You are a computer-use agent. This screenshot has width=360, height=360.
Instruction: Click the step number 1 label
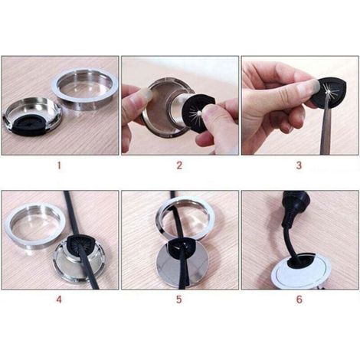[x=59, y=165]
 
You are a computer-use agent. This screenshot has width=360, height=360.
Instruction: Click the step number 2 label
[x=179, y=165]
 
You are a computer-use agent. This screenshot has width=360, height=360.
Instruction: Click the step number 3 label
[x=299, y=165]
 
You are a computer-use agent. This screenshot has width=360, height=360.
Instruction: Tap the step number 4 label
[x=59, y=299]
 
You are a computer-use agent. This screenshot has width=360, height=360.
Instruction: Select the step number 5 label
[x=179, y=299]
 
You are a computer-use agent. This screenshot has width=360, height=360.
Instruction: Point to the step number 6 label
[x=299, y=299]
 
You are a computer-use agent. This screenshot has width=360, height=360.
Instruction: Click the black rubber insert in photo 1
[x=28, y=126]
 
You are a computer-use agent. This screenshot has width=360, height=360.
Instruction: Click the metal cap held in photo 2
[x=166, y=105]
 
